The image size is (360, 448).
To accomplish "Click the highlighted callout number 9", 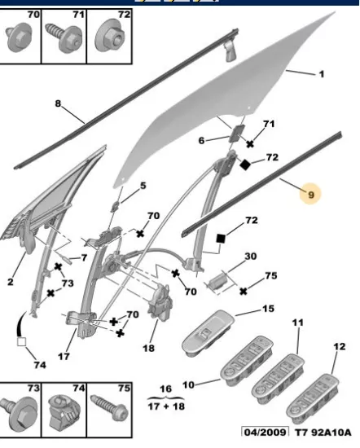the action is [311, 195].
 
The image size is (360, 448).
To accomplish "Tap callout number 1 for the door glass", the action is [322, 74].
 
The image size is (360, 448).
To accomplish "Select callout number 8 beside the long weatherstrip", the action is [58, 103].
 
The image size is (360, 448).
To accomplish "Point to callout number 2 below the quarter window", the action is [11, 282].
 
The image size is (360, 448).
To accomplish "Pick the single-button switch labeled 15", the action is [208, 333].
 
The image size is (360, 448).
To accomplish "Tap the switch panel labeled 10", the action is [247, 361].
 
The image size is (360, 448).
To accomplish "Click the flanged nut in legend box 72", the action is [110, 37].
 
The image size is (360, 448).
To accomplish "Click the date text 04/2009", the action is [265, 432].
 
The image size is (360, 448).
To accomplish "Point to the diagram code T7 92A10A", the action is [323, 433].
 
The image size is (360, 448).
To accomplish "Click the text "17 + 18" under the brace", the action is [166, 406].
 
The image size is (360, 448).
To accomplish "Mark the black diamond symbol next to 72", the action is [245, 165].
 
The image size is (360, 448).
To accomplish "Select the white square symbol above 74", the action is [22, 342].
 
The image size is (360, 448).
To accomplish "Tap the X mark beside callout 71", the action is [250, 144].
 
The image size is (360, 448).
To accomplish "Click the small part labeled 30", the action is [218, 282].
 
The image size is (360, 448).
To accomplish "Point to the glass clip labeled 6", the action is [237, 133].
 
